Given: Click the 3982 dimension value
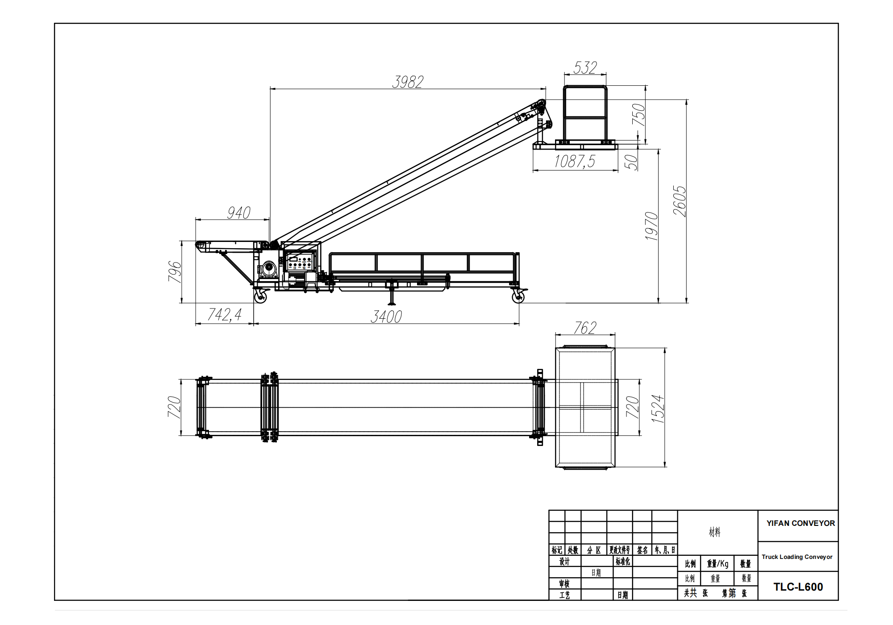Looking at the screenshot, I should point(407,82).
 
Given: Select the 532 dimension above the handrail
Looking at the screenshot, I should point(585,68).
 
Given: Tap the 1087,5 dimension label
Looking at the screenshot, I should point(575,161).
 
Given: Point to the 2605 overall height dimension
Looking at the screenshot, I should point(680,201).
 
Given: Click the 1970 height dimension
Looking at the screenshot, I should point(652,226).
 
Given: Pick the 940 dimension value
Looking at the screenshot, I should point(238,213).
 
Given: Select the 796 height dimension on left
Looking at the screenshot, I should point(175,272).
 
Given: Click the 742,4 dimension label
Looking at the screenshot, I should point(224,315).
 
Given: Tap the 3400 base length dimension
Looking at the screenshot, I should point(386,317).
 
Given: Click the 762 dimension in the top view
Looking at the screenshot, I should point(585,328).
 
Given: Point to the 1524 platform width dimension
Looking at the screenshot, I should point(658,408).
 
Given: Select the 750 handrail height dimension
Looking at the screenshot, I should point(639,115).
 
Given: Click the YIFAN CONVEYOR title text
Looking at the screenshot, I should point(801,523).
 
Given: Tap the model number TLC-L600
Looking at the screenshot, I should point(798,587).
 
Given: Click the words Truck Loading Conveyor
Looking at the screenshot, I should point(797,557).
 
